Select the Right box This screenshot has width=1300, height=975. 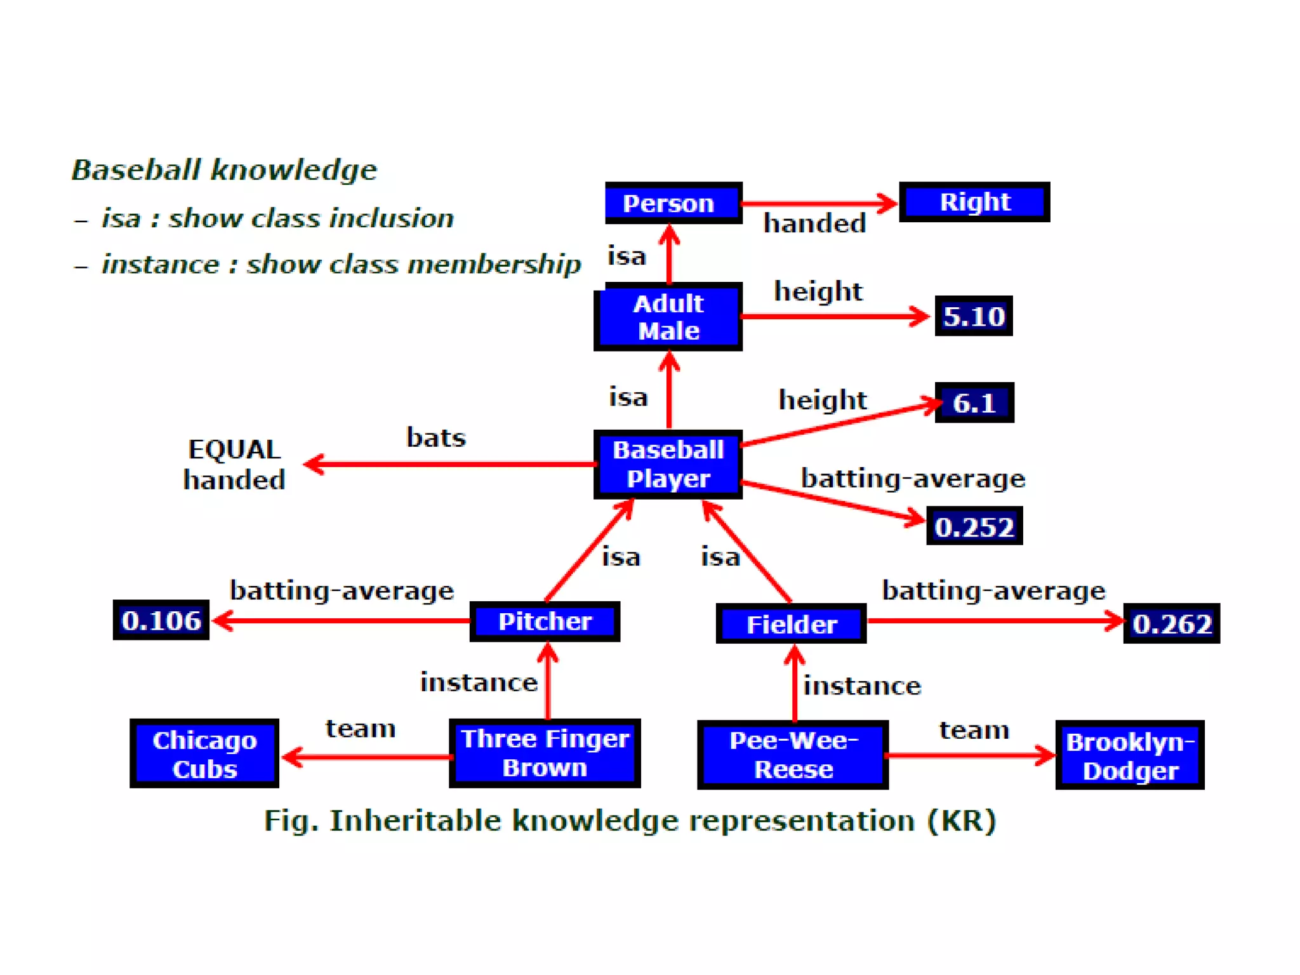pos(974,202)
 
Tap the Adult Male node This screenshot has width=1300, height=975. pos(668,317)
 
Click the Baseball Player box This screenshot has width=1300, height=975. pos(668,464)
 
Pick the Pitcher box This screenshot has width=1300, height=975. pos(545,621)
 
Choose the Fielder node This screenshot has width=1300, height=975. pos(791,624)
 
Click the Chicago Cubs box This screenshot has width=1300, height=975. pos(204,754)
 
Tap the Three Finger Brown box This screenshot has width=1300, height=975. pos(545,753)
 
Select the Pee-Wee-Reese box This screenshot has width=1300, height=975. pos(793,755)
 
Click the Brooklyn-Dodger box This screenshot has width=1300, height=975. pos(1130,755)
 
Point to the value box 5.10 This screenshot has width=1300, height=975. pos(974,316)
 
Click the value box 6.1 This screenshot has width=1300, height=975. pos(974,402)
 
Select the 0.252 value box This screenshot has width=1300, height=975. pos(974,526)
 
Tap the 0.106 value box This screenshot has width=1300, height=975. pos(161,620)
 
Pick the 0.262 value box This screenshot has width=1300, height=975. pos(1172,623)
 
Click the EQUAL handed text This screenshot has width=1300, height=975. pos(234,465)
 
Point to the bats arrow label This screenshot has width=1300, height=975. pos(436,437)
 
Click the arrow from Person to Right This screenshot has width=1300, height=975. pos(819,204)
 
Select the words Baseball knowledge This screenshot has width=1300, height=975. pos(224,169)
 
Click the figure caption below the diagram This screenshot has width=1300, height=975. pos(630,820)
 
